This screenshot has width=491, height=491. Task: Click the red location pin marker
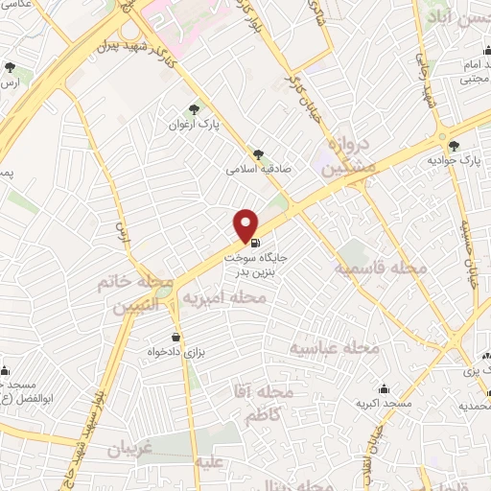[246, 224]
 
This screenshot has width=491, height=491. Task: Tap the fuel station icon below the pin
[253, 244]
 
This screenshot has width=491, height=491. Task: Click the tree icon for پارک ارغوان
[195, 109]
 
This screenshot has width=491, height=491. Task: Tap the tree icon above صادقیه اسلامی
[257, 152]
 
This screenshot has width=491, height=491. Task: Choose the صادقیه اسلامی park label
[257, 168]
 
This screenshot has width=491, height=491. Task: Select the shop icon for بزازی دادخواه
[175, 337]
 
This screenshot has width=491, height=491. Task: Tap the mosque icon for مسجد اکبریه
[385, 388]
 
